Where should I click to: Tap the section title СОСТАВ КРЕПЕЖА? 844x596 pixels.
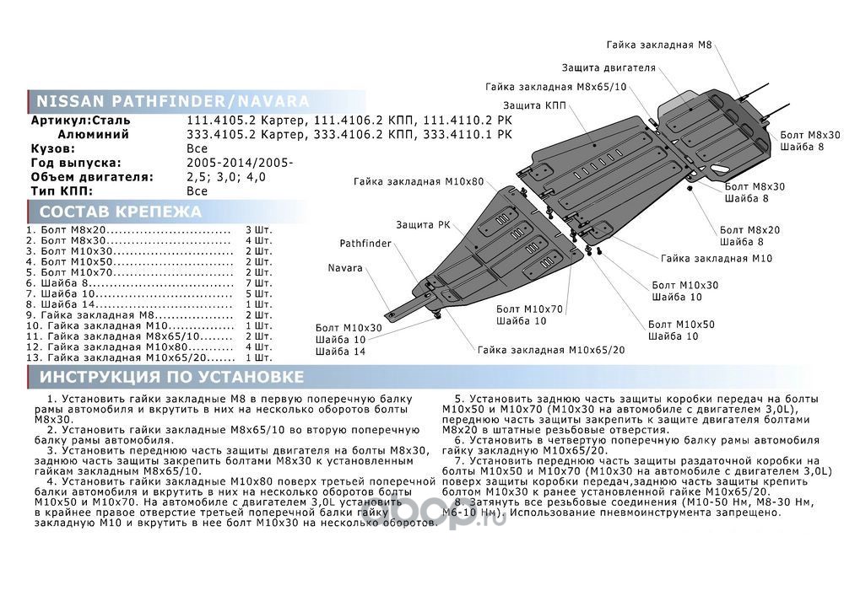(x=121, y=212)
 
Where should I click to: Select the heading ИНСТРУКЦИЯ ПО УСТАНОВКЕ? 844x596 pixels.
(x=172, y=376)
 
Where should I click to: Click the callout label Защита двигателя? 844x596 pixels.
(x=609, y=67)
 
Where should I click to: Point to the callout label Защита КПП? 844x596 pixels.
(x=534, y=105)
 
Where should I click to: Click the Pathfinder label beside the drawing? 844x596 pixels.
(x=365, y=244)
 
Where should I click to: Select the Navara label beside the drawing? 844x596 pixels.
(x=344, y=268)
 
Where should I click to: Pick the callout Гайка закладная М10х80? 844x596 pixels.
(x=419, y=181)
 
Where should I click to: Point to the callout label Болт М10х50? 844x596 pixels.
(x=681, y=325)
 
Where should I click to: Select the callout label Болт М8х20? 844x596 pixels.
(x=749, y=229)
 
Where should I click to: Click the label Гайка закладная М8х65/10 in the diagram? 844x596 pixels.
(x=556, y=87)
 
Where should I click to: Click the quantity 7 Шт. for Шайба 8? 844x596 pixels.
(x=259, y=284)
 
